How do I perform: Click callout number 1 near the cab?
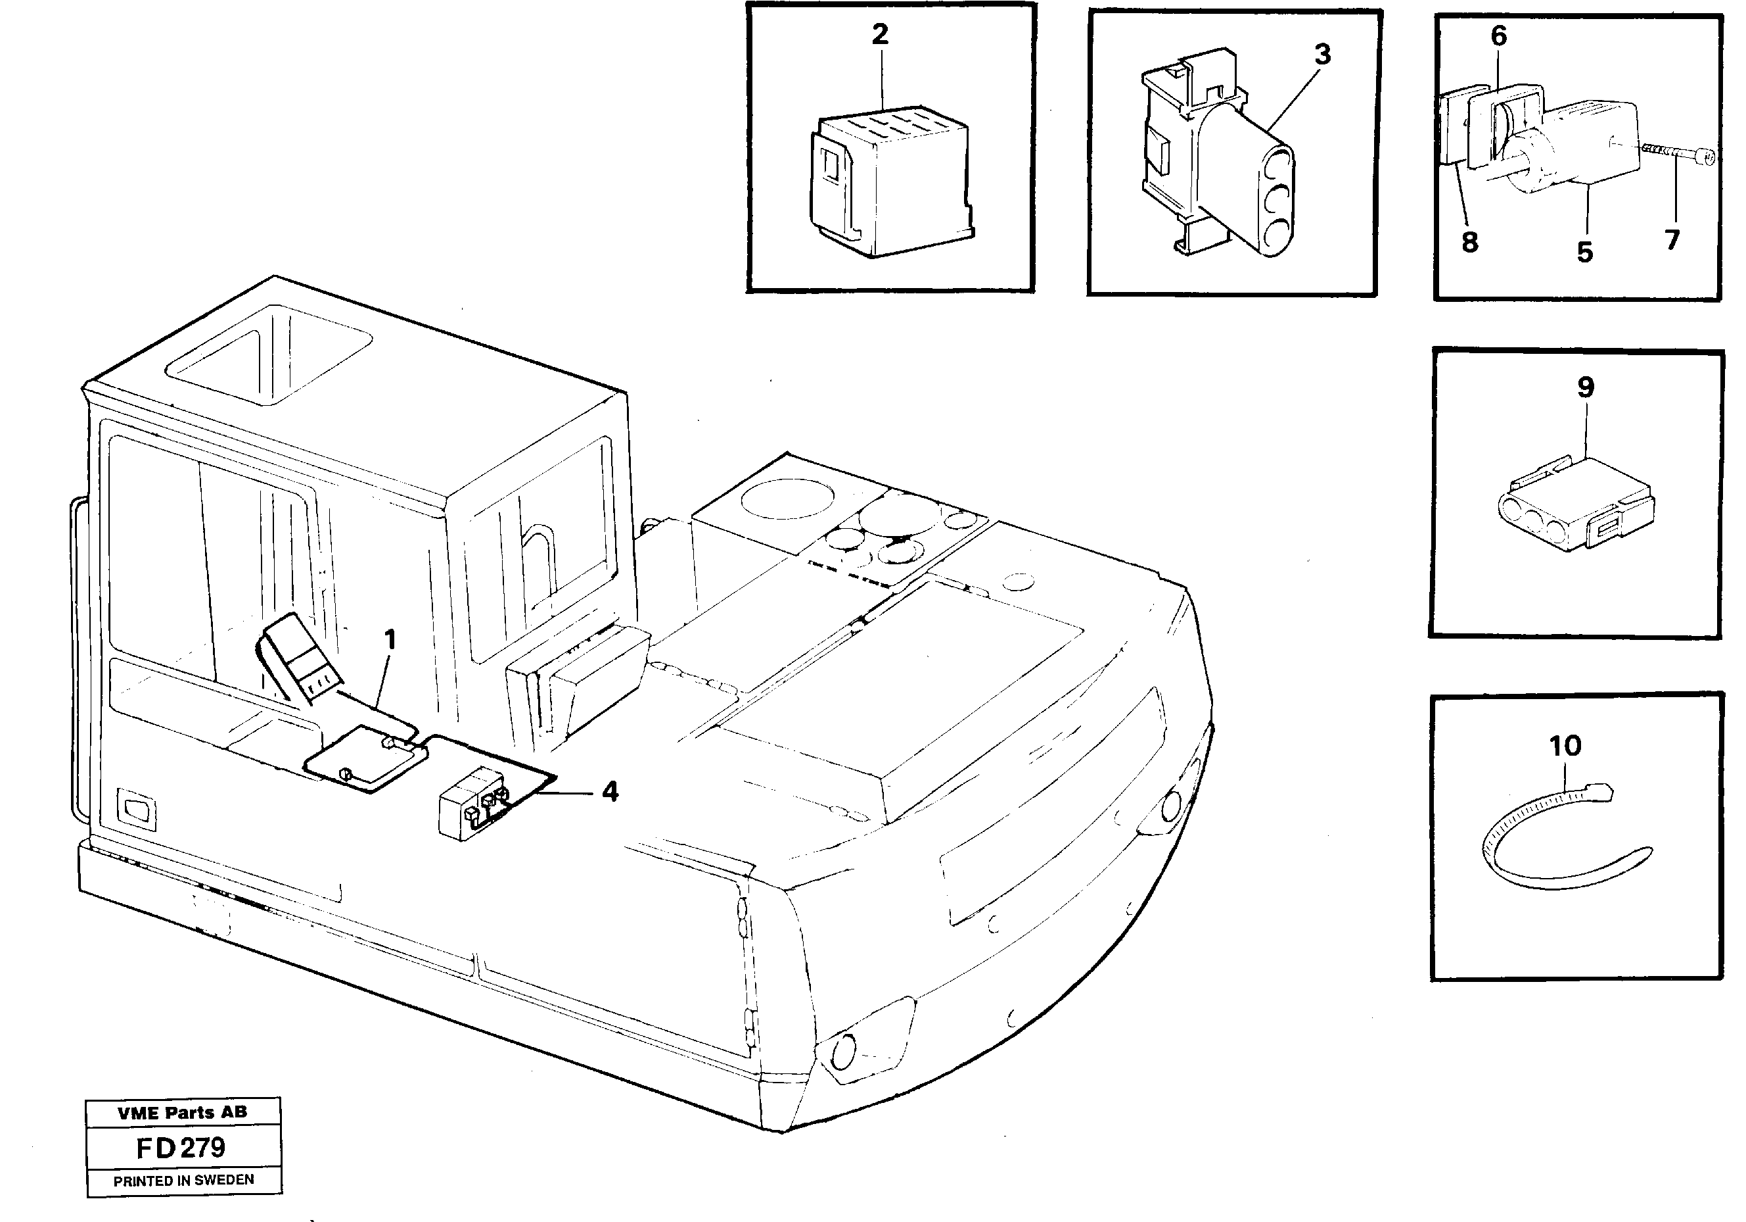(x=390, y=640)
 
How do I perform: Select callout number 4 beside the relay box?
(x=609, y=792)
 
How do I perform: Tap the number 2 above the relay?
(x=880, y=34)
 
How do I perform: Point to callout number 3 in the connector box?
(x=1322, y=55)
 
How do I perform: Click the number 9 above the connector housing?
(x=1586, y=387)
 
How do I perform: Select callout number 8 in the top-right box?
(x=1469, y=243)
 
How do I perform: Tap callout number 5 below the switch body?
(x=1585, y=252)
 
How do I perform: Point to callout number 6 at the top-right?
(x=1498, y=36)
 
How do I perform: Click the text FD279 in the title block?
(x=181, y=1148)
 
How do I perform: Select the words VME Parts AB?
(x=183, y=1112)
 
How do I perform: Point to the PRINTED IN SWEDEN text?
(x=183, y=1180)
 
